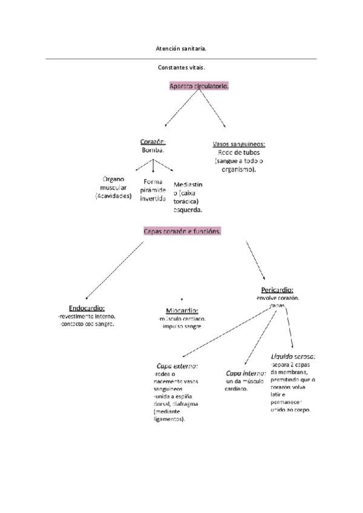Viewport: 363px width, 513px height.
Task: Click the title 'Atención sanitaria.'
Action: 181,46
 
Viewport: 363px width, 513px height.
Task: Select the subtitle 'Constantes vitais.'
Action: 181,68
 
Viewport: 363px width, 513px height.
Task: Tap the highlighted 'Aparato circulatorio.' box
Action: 199,87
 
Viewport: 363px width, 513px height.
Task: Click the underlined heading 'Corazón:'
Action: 153,142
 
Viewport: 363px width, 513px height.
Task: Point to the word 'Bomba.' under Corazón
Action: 153,149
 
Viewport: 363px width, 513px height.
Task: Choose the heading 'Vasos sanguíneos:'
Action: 239,145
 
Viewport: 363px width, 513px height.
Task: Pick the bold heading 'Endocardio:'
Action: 87,307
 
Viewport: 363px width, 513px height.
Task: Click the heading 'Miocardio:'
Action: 181,310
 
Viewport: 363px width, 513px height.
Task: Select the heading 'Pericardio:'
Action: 277,290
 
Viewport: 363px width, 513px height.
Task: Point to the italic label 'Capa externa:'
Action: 177,367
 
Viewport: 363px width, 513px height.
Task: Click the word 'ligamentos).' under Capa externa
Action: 169,419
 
